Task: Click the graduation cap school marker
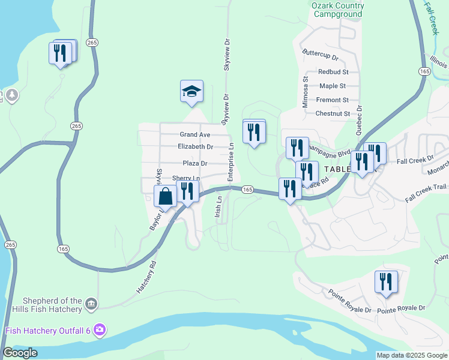[191, 91]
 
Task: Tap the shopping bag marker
[165, 196]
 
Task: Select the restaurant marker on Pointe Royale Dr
[386, 281]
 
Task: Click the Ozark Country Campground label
[337, 10]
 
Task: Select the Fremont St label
[333, 100]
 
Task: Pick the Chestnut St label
[333, 113]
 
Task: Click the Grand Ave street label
[195, 134]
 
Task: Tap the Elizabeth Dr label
[196, 146]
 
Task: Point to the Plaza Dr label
[195, 163]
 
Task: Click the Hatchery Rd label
[146, 277]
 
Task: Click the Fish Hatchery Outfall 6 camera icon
[100, 330]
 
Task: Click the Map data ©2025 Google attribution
[412, 355]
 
